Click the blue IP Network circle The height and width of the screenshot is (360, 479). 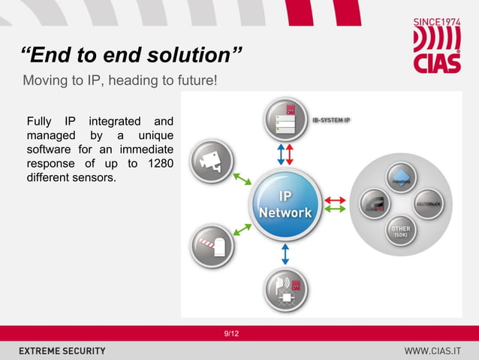point(285,204)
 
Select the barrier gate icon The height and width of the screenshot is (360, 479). point(211,246)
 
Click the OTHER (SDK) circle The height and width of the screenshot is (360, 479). point(399,231)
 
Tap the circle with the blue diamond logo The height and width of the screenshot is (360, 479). point(399,177)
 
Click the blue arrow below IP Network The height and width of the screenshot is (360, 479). point(285,253)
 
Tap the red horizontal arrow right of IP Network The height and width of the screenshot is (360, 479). point(335,200)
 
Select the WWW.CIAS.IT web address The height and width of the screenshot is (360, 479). point(432,351)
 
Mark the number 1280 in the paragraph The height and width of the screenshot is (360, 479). point(158,163)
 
